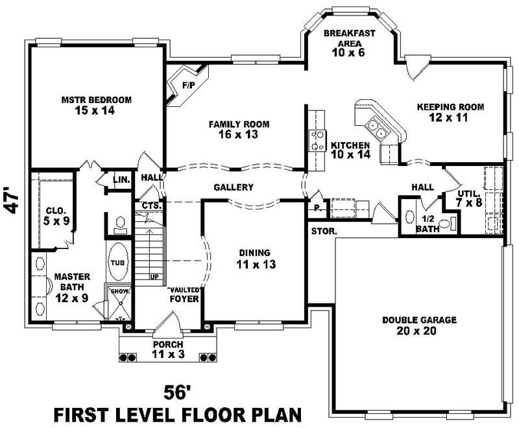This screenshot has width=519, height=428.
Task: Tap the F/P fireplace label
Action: point(188,85)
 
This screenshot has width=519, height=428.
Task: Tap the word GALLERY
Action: point(233,187)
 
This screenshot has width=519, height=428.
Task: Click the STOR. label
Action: point(322,231)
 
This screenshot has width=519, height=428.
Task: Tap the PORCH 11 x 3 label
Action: point(167,349)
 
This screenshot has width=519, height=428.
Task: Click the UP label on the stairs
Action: point(154,276)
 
